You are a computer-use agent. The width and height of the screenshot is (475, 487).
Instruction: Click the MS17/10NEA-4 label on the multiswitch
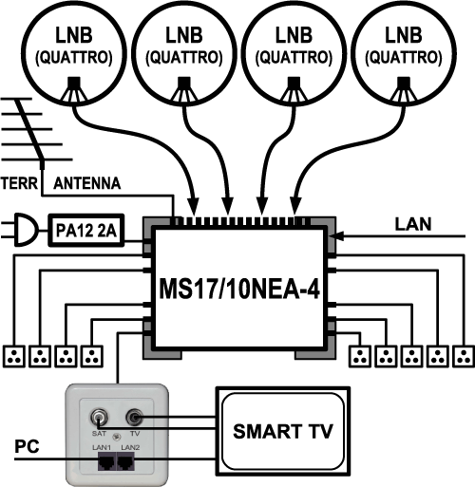(x=239, y=289)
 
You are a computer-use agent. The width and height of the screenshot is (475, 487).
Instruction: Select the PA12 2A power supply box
(x=86, y=231)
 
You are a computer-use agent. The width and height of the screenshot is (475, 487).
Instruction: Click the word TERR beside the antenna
(x=19, y=183)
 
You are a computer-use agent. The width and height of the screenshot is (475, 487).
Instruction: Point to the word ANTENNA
(x=87, y=183)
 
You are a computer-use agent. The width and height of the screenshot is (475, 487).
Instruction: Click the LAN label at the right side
(x=413, y=224)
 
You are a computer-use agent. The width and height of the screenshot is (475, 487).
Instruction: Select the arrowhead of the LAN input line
(x=337, y=235)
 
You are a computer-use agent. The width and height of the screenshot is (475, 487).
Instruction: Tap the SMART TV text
(x=283, y=431)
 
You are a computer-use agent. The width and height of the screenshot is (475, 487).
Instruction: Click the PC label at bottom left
(x=28, y=446)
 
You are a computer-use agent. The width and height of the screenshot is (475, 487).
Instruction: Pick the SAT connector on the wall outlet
(x=99, y=418)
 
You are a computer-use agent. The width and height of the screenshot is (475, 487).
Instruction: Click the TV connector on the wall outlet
(x=135, y=418)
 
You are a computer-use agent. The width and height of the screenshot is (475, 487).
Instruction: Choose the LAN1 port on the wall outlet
(x=106, y=461)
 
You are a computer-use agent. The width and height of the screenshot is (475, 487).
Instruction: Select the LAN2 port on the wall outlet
(x=126, y=461)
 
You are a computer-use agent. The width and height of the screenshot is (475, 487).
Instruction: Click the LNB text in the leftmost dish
(x=74, y=35)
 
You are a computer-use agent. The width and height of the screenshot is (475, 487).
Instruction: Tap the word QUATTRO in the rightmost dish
(x=404, y=58)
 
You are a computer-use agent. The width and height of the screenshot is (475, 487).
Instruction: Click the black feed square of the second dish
(x=183, y=83)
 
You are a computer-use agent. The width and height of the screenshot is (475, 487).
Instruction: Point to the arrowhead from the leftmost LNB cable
(x=193, y=206)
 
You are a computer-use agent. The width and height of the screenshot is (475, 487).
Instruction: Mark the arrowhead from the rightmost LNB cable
(x=295, y=206)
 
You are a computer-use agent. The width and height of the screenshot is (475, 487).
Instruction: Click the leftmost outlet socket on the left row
(x=14, y=357)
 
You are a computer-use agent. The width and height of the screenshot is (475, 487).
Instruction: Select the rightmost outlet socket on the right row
(x=464, y=357)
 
